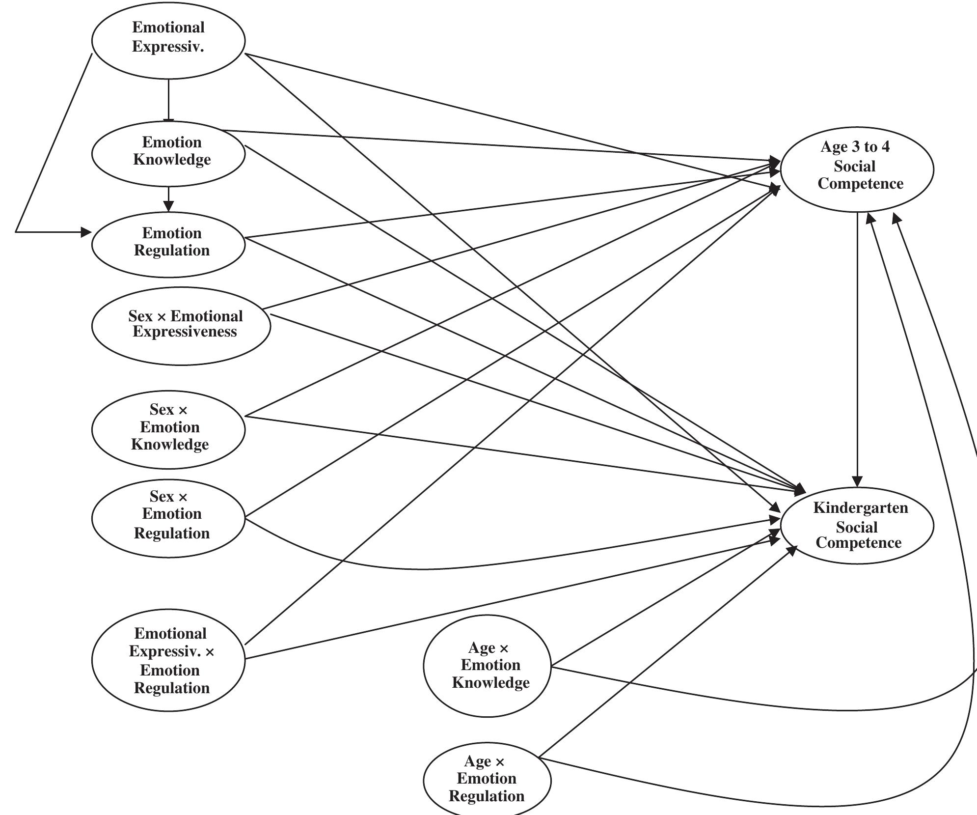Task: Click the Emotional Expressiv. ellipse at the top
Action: point(168,40)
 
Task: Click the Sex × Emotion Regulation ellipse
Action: point(168,518)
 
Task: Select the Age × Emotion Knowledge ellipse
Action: point(487,666)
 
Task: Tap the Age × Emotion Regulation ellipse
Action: point(487,779)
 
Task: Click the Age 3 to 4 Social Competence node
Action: point(857,169)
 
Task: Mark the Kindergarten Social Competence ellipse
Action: point(857,525)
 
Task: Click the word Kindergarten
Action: point(860,508)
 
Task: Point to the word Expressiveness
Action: point(185,332)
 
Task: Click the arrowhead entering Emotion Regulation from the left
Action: point(86,232)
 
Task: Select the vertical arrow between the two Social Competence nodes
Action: point(857,344)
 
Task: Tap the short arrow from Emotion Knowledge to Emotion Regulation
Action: point(168,199)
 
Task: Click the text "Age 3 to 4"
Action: point(855,147)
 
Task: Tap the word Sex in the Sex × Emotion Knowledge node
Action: point(162,410)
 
